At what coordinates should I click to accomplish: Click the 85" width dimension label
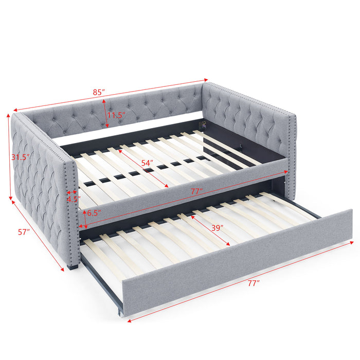pos(99,92)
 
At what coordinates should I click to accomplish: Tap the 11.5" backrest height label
pos(116,115)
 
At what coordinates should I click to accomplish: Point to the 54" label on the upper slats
pos(148,163)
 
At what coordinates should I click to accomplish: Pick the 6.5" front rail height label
pos(94,212)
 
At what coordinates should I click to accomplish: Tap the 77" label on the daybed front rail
pos(194,191)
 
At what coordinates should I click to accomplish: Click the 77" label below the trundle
pos(252,282)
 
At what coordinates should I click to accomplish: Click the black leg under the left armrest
pos(72,267)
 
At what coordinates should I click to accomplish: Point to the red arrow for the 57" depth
pos(39,234)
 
